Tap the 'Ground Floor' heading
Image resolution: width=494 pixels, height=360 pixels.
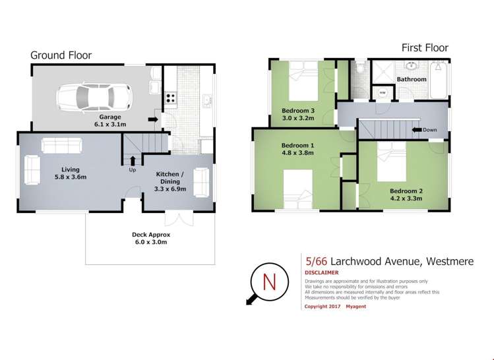pyautogui.click(x=61, y=55)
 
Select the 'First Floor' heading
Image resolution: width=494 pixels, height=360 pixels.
pyautogui.click(x=425, y=47)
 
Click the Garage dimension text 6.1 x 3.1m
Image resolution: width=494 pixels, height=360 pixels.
pyautogui.click(x=109, y=123)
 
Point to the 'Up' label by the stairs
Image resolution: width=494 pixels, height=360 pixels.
pyautogui.click(x=133, y=169)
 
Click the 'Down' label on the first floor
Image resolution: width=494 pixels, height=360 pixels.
pyautogui.click(x=429, y=130)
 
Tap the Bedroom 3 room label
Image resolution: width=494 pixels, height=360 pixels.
pyautogui.click(x=298, y=110)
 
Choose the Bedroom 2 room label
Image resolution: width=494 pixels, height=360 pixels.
pyautogui.click(x=407, y=191)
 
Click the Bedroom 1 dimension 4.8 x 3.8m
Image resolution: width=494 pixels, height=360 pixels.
pyautogui.click(x=297, y=153)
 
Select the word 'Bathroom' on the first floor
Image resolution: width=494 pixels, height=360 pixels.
pyautogui.click(x=412, y=79)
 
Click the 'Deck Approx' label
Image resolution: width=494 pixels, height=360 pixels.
pyautogui.click(x=151, y=234)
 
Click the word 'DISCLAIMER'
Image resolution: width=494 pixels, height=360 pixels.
pyautogui.click(x=322, y=272)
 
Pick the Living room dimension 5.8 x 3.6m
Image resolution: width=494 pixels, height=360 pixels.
pyautogui.click(x=71, y=177)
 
